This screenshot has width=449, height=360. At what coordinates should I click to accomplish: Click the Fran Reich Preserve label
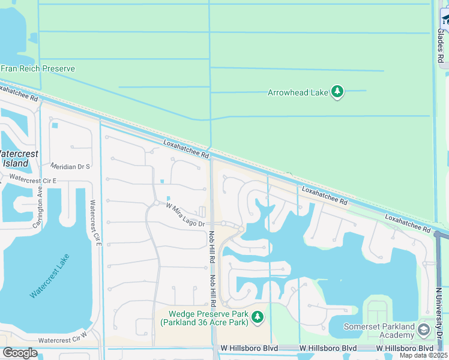pyautogui.click(x=37, y=68)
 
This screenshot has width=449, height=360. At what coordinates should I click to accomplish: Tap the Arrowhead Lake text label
pyautogui.click(x=298, y=92)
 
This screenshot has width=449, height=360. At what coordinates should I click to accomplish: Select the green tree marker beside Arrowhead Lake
pyautogui.click(x=337, y=92)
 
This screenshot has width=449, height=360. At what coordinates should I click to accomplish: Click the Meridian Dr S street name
pyautogui.click(x=71, y=166)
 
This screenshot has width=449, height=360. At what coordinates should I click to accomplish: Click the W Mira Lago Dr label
pyautogui.click(x=185, y=215)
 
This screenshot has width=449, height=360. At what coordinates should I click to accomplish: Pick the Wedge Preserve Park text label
pyautogui.click(x=204, y=317)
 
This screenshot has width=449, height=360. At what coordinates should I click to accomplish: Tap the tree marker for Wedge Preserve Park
pyautogui.click(x=258, y=316)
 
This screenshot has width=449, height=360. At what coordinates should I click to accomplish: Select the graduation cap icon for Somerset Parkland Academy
pyautogui.click(x=424, y=330)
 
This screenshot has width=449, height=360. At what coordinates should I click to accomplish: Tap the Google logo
pyautogui.click(x=20, y=353)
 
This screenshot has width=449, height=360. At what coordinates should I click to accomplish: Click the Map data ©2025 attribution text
pyautogui.click(x=424, y=355)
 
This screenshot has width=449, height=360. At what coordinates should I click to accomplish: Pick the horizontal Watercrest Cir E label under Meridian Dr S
pyautogui.click(x=33, y=179)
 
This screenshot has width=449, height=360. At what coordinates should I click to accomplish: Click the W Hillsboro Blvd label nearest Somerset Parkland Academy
pyautogui.click(x=405, y=348)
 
